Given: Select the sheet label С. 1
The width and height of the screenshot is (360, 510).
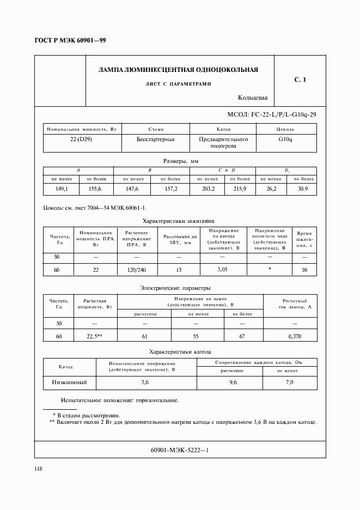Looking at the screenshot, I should coord(300,80).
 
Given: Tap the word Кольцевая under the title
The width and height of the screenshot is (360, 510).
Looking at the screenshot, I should coord(253,98).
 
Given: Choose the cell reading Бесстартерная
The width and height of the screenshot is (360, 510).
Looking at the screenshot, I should coord(156,139).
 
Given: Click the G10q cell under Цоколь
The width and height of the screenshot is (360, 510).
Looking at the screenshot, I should coord(285,139).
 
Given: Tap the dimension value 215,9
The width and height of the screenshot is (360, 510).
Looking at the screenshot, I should coord(239,189).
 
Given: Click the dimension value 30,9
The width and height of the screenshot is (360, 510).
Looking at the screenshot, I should coord(303,189).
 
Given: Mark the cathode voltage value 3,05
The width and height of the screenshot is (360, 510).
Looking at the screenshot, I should coord(222,270).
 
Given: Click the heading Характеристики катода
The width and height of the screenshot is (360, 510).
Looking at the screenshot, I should coord(180,352).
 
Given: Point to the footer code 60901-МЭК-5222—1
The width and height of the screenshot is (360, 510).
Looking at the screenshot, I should coord(180,450).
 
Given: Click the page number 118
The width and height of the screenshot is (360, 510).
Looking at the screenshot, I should coord(38,469).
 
